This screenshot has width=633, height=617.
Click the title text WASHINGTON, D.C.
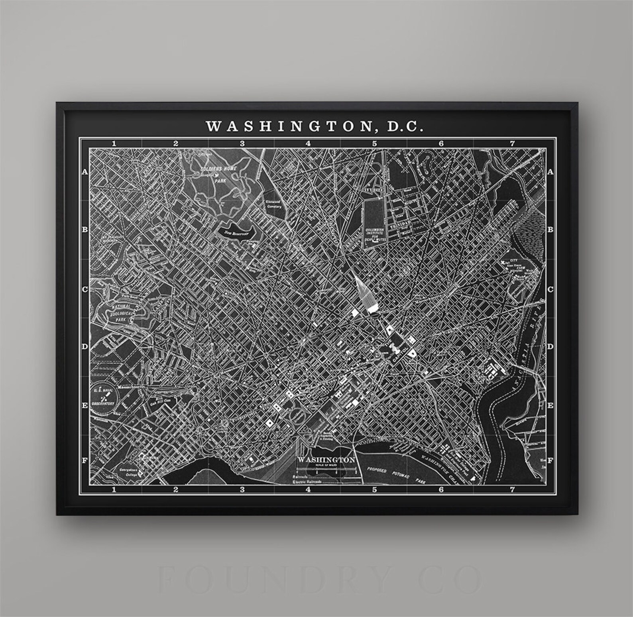click(x=314, y=126)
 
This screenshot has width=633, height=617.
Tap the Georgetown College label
click(x=130, y=472)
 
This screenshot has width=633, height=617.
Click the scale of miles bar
click(x=327, y=470)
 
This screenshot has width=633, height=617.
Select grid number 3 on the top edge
click(x=242, y=143)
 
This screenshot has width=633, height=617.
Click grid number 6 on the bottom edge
click(x=441, y=489)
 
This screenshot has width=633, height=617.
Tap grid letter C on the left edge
click(x=85, y=289)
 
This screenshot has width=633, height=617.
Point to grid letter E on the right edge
click(x=550, y=405)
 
